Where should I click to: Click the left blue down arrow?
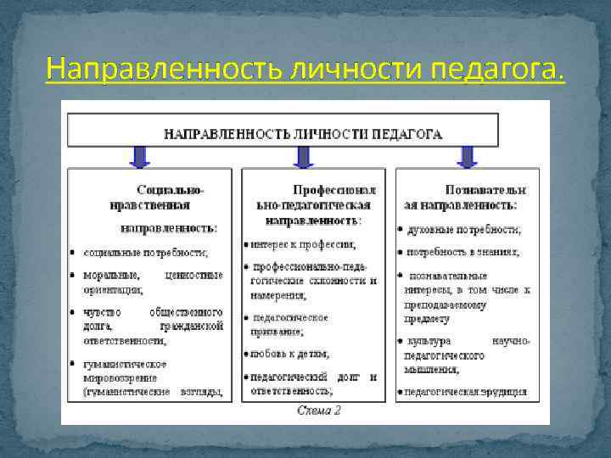click(x=140, y=156)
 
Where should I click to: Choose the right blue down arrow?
click(x=466, y=156)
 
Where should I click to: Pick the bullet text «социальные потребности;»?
click(x=145, y=252)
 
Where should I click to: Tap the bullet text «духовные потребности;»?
click(x=464, y=230)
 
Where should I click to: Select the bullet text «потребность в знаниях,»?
click(x=463, y=252)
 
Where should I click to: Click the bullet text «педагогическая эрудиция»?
click(x=466, y=391)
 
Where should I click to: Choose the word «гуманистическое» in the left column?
click(x=125, y=364)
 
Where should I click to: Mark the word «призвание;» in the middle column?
click(x=277, y=332)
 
